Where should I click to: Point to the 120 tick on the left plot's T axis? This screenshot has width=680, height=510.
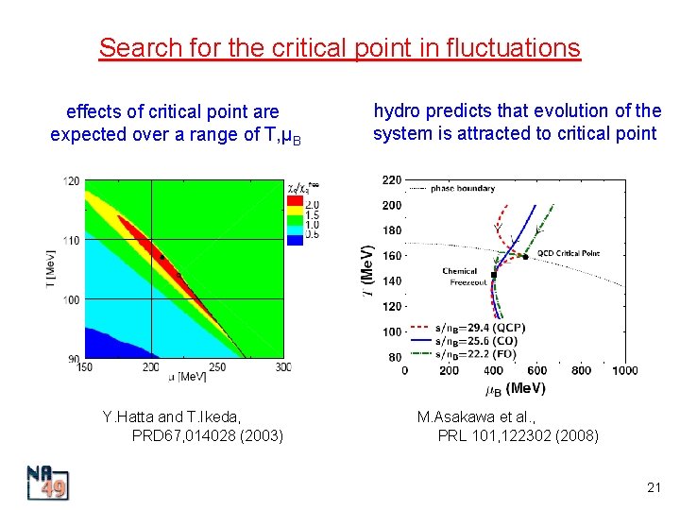(72, 180)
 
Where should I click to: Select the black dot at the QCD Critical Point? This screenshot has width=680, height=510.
(525, 257)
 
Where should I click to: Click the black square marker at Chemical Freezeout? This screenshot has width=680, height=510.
(494, 275)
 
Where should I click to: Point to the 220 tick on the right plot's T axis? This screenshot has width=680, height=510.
(391, 179)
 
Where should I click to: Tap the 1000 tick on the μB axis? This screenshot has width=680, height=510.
(624, 371)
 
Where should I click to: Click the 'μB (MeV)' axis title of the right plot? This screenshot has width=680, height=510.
(516, 388)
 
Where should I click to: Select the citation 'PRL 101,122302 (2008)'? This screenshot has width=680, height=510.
(518, 435)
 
